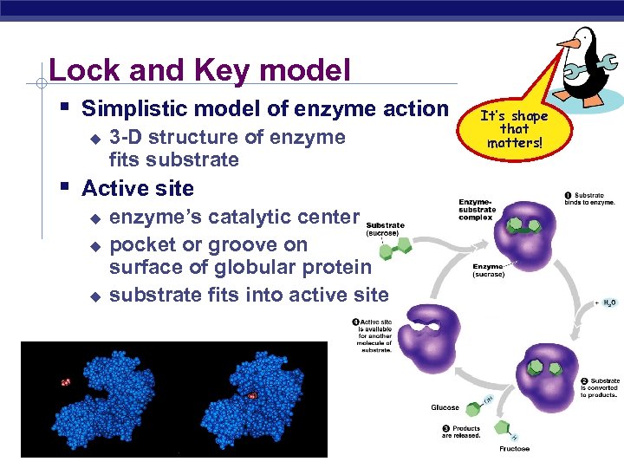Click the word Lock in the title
(80, 69)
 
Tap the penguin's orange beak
(568, 41)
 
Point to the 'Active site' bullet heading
(138, 188)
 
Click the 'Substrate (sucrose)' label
(385, 230)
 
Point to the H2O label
(610, 303)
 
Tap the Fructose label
(514, 449)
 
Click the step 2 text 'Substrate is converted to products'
(598, 387)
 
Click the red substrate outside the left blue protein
(65, 381)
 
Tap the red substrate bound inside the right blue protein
(251, 395)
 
